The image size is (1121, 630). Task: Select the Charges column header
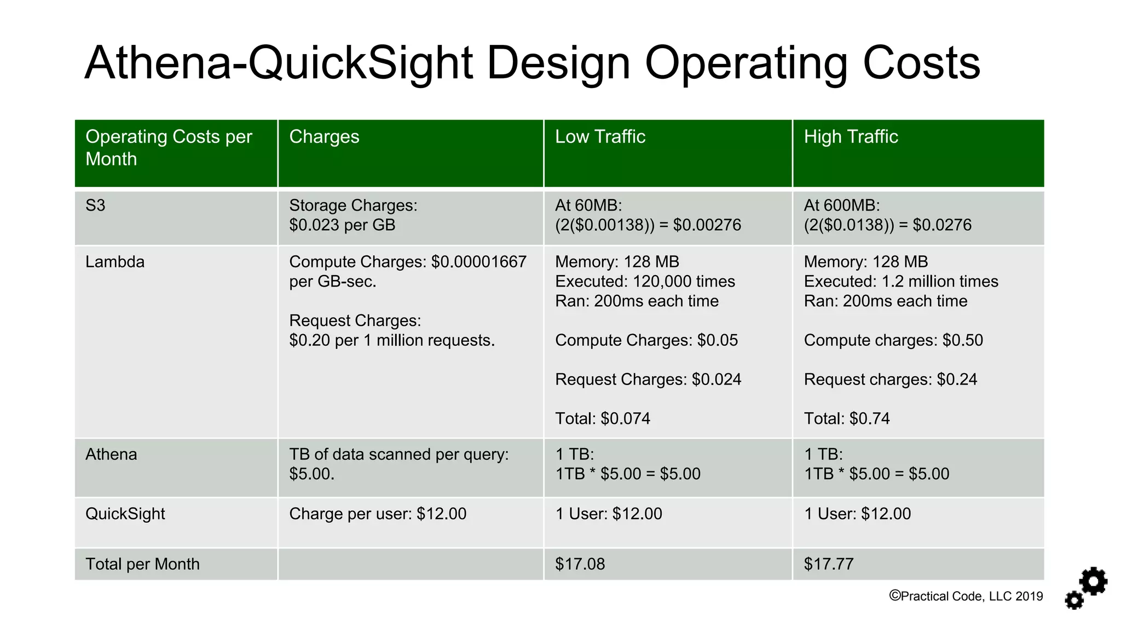324,137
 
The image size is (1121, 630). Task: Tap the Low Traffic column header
600,137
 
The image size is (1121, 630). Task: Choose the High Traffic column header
851,137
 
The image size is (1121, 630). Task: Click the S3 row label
95,206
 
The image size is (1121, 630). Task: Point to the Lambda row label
115,262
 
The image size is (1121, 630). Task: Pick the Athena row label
111,454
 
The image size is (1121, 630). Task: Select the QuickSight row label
125,514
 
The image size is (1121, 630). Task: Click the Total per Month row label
142,564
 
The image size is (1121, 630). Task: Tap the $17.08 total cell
580,564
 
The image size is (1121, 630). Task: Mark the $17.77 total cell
828,564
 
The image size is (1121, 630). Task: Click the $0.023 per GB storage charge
342,225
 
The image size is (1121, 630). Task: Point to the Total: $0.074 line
603,419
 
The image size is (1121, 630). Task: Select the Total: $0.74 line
847,419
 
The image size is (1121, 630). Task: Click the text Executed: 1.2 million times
901,282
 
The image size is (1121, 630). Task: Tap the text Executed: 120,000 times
645,282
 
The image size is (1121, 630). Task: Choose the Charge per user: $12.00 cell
378,514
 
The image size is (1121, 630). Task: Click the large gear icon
1093,581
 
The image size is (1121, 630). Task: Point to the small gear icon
1074,600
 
